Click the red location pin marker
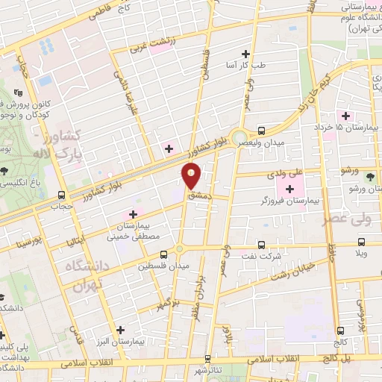192,176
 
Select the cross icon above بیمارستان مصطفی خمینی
134,214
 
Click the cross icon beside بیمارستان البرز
120,329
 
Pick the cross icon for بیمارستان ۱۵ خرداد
345,116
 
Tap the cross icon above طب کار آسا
246,54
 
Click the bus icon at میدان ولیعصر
260,129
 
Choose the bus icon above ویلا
362,242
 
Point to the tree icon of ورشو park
371,176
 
